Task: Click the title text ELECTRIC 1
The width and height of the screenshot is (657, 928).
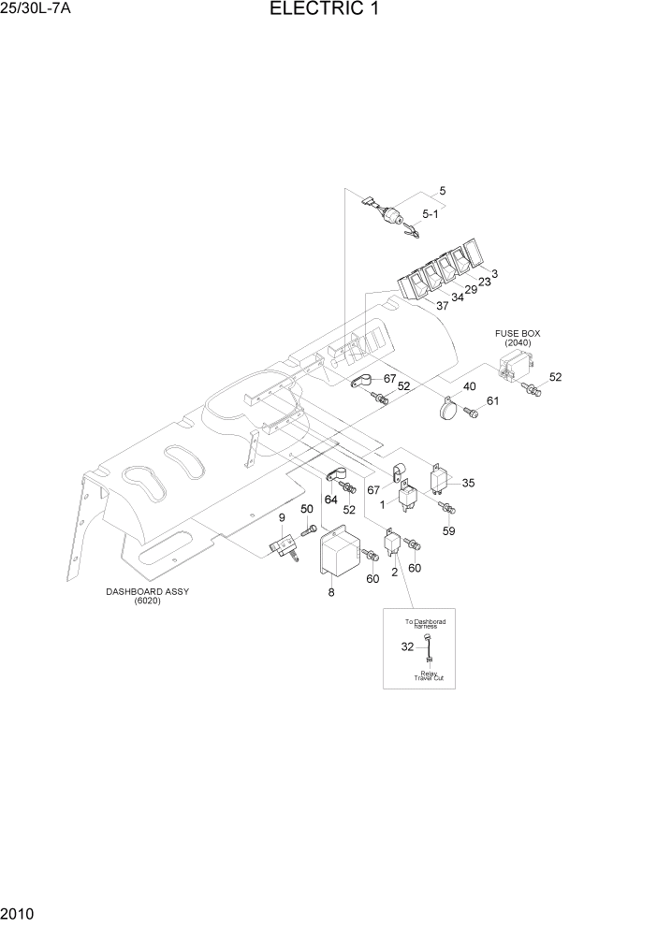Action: coord(325,10)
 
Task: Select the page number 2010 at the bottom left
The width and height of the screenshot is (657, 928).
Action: coord(18,912)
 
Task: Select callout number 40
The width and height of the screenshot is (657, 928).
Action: coord(469,386)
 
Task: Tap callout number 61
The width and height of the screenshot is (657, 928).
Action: coord(492,401)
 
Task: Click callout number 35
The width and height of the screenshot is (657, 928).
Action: coord(468,483)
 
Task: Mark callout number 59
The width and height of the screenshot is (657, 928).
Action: coord(448,530)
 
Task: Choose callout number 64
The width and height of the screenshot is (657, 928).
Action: coord(330,499)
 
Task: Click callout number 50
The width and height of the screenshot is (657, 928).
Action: coord(306,508)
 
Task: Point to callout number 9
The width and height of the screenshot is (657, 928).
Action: coord(280,517)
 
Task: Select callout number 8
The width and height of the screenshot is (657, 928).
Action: coord(330,592)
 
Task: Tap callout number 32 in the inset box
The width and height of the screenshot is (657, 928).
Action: coord(406,646)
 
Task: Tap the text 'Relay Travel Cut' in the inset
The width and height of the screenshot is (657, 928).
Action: coord(431,674)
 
